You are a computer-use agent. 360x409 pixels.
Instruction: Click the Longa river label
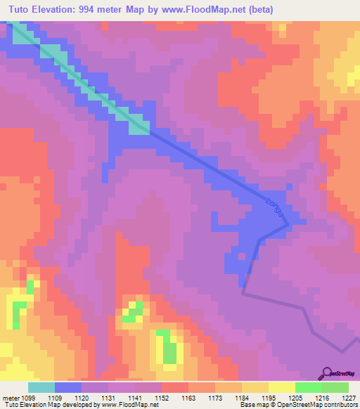pyautogui.click(x=275, y=210)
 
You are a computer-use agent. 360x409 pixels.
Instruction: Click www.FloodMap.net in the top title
pyautogui.click(x=198, y=9)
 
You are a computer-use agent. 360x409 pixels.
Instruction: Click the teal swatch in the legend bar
pyautogui.click(x=41, y=387)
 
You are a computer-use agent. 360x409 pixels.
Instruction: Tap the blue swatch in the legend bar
pyautogui.click(x=68, y=387)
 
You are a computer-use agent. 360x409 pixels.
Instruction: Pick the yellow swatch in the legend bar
pyautogui.click(x=282, y=387)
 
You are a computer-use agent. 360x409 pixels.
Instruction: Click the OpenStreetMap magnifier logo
pyautogui.click(x=326, y=372)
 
